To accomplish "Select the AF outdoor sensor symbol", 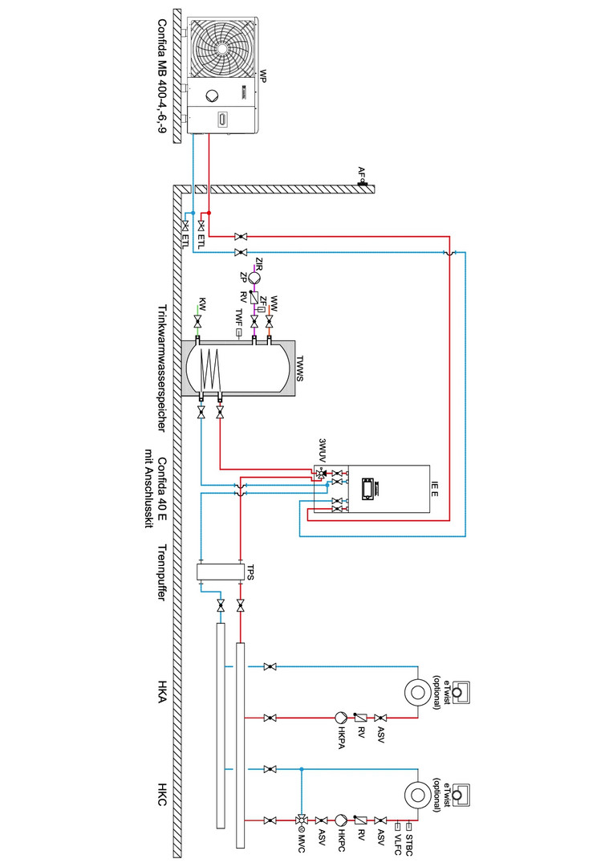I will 363,182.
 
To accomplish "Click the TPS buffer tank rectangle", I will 221,572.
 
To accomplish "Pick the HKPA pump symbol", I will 340,717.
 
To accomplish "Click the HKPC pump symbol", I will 340,820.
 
